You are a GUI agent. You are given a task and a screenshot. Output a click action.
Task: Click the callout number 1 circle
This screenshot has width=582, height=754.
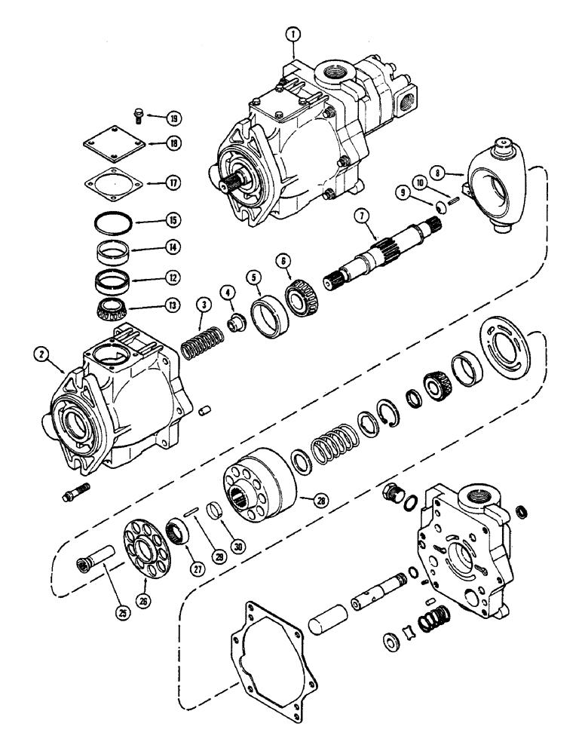point(292,35)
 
